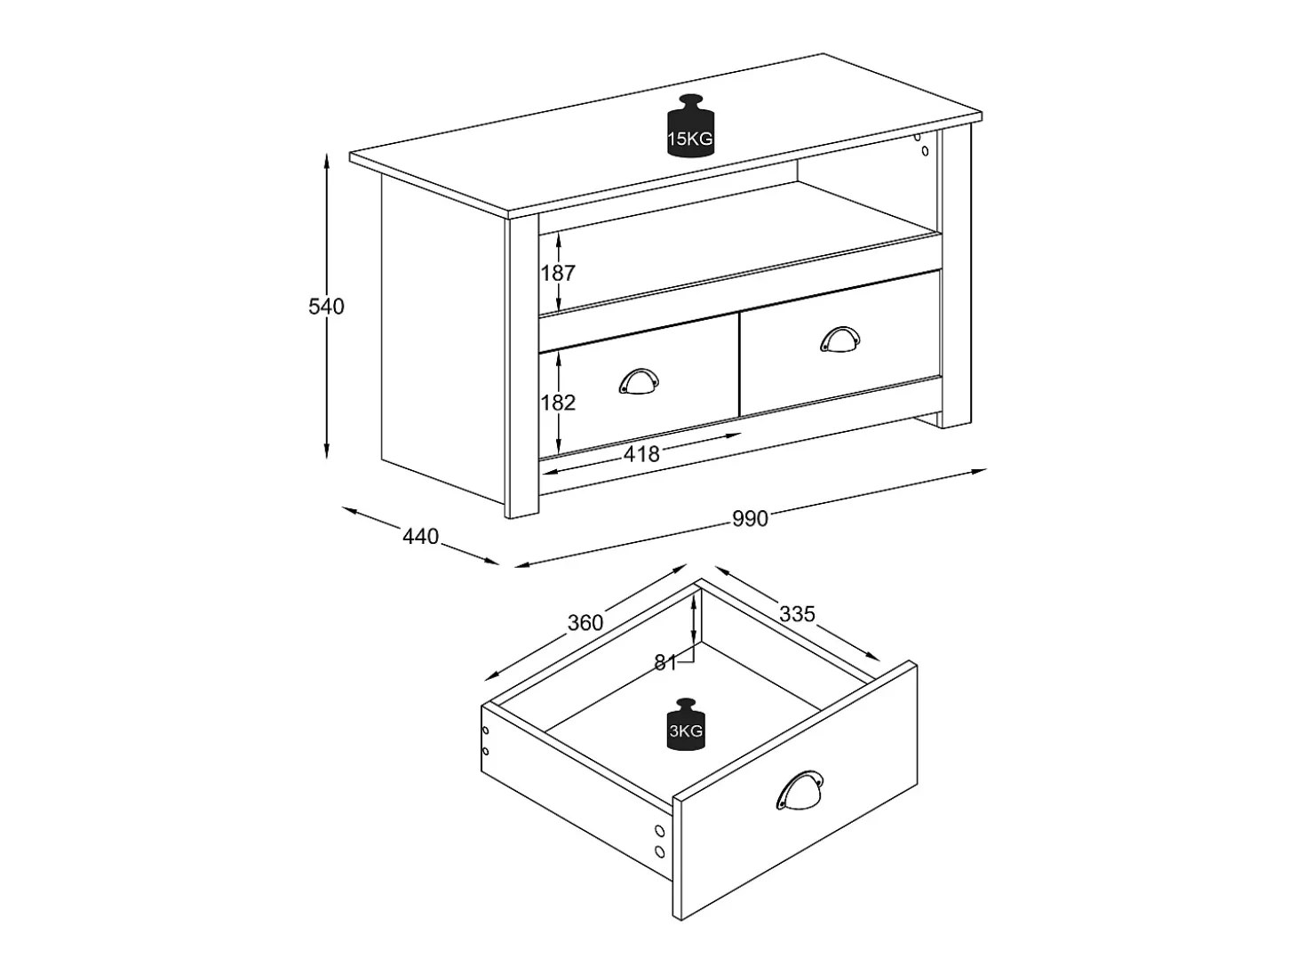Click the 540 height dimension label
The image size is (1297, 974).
click(326, 307)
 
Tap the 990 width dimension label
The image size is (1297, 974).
click(750, 518)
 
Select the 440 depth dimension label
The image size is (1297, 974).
click(420, 537)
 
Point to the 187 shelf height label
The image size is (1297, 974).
click(558, 273)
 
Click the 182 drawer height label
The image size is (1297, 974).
click(558, 403)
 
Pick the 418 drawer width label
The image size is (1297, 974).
click(641, 454)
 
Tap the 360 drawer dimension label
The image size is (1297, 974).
click(585, 623)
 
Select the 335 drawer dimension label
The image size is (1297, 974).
click(797, 615)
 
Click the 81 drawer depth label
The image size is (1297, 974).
click(664, 663)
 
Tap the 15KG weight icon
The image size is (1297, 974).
click(689, 126)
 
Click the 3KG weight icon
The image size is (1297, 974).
click(686, 724)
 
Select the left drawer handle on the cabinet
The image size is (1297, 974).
click(639, 381)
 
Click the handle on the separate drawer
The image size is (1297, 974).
click(800, 791)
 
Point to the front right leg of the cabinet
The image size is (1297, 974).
click(955, 278)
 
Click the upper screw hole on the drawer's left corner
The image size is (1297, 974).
click(486, 730)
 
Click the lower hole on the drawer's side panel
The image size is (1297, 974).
click(660, 851)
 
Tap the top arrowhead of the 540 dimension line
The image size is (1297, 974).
click(326, 160)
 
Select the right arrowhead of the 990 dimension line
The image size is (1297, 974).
click(979, 471)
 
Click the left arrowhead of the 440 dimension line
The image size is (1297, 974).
click(350, 509)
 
